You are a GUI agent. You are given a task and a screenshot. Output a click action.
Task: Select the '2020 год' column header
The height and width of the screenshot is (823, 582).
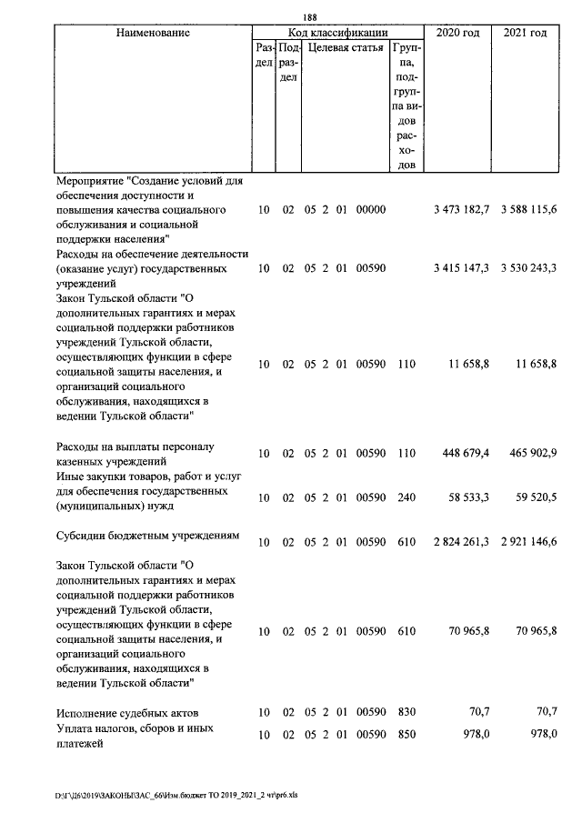(x=458, y=33)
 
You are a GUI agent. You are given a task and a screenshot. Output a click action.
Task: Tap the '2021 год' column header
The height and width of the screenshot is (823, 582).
(x=525, y=33)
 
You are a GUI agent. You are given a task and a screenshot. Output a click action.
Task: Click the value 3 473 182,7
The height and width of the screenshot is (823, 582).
(x=461, y=210)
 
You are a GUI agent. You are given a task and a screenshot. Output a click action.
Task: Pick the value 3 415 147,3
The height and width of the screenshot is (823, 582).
(x=461, y=268)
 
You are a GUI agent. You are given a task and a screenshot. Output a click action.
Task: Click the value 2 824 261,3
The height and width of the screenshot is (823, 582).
(x=461, y=542)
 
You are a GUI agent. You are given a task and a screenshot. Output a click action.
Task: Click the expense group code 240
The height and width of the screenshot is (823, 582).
(x=406, y=497)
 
